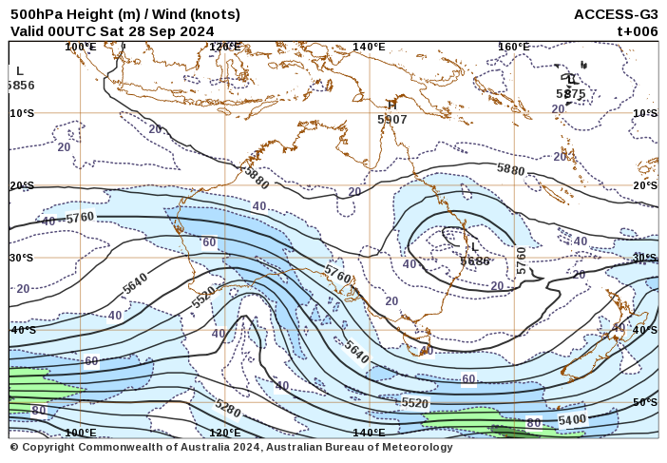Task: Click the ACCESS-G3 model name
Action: click(x=616, y=14)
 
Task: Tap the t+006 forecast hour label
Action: click(x=638, y=30)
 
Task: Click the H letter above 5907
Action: click(x=391, y=105)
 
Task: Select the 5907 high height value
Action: click(x=391, y=120)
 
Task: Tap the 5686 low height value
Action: click(x=474, y=260)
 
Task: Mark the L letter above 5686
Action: click(x=475, y=247)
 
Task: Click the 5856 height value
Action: click(x=20, y=85)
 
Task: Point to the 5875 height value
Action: click(x=570, y=94)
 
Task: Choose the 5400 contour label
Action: click(x=572, y=419)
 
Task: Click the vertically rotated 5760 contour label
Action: click(x=521, y=260)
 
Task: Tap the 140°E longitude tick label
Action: click(x=369, y=47)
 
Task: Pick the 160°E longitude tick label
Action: click(x=513, y=47)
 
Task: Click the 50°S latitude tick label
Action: click(x=645, y=402)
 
